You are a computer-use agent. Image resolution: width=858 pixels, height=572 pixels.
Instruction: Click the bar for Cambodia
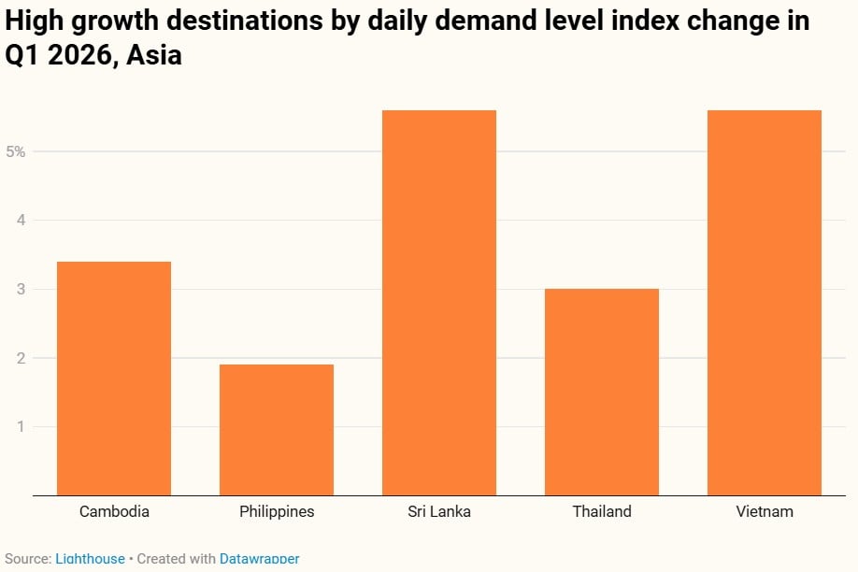pyautogui.click(x=114, y=379)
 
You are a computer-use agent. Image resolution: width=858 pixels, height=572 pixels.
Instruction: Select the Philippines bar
pyautogui.click(x=277, y=430)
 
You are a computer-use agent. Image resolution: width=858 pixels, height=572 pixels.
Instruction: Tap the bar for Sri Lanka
pyautogui.click(x=439, y=303)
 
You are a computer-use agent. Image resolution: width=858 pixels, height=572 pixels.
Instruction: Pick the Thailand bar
pyautogui.click(x=602, y=393)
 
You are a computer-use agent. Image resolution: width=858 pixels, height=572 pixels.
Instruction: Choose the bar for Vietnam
pyautogui.click(x=765, y=303)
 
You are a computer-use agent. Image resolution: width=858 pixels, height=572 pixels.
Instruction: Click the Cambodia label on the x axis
pyautogui.click(x=114, y=511)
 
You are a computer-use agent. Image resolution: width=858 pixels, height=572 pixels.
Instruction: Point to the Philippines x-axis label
pyautogui.click(x=277, y=511)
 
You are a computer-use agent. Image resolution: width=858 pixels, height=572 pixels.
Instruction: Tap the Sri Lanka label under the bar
pyautogui.click(x=439, y=511)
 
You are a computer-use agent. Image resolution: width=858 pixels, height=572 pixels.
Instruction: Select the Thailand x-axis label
pyautogui.click(x=602, y=511)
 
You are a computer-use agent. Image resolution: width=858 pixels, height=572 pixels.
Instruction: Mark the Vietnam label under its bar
pyautogui.click(x=765, y=511)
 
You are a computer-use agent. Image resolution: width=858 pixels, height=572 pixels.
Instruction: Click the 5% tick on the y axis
pyautogui.click(x=15, y=151)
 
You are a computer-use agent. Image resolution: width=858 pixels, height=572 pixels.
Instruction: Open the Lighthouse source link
pyautogui.click(x=90, y=559)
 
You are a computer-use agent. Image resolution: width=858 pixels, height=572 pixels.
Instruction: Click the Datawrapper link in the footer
pyautogui.click(x=259, y=559)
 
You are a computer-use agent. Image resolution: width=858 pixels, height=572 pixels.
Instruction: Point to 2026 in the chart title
pyautogui.click(x=78, y=55)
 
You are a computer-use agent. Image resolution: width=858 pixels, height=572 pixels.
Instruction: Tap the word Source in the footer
pyautogui.click(x=25, y=559)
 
